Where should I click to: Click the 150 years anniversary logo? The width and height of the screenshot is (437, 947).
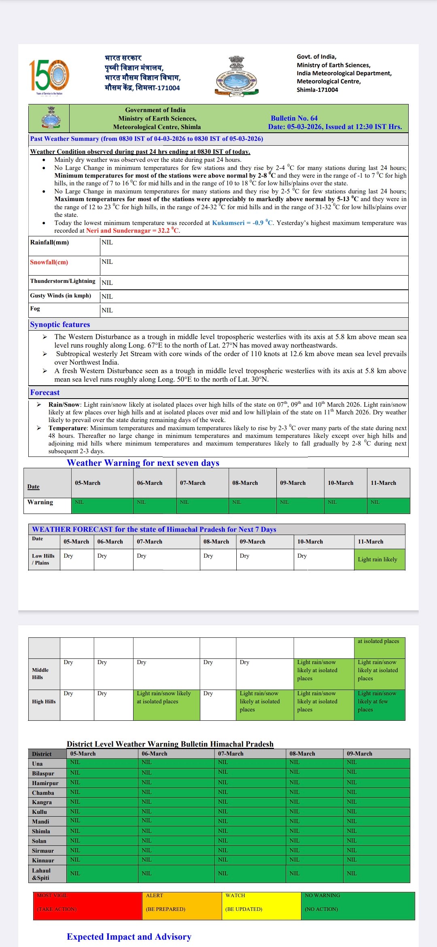(x=49, y=76)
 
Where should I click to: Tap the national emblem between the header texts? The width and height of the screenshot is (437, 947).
(x=236, y=76)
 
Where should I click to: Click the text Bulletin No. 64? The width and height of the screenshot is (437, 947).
(x=294, y=118)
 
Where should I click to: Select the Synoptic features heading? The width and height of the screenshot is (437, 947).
(x=60, y=325)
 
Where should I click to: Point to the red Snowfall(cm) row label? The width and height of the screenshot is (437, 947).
(x=49, y=262)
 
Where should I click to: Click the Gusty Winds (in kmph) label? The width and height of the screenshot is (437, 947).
(x=60, y=296)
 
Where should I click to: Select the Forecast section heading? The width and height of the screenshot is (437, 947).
(x=45, y=393)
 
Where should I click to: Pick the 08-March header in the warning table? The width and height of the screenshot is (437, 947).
(x=245, y=483)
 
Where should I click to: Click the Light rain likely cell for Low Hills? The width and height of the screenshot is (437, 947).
(x=379, y=560)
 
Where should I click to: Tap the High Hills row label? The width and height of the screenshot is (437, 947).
(x=44, y=702)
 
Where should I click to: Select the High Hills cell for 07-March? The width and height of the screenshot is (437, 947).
(x=166, y=705)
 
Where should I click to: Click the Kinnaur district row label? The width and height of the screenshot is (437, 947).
(x=43, y=860)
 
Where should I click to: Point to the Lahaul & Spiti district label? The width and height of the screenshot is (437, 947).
(x=41, y=874)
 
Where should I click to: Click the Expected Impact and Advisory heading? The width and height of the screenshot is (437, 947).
(x=129, y=937)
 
